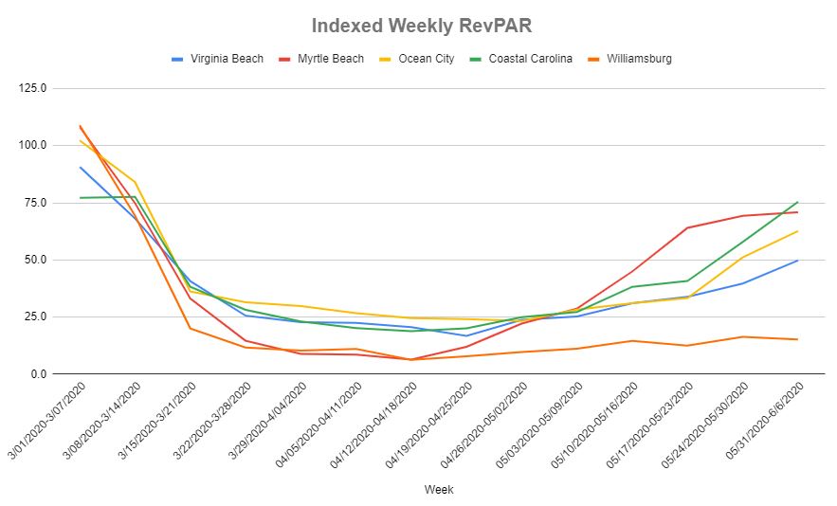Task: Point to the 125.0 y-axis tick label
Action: click(x=45, y=88)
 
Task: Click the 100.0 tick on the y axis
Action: click(x=45, y=145)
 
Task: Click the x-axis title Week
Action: click(x=439, y=490)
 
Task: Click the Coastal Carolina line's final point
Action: click(x=797, y=202)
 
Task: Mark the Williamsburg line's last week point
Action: click(x=797, y=339)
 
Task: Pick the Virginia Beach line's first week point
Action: click(x=81, y=168)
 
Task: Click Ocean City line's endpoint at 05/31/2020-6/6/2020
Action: click(x=797, y=231)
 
